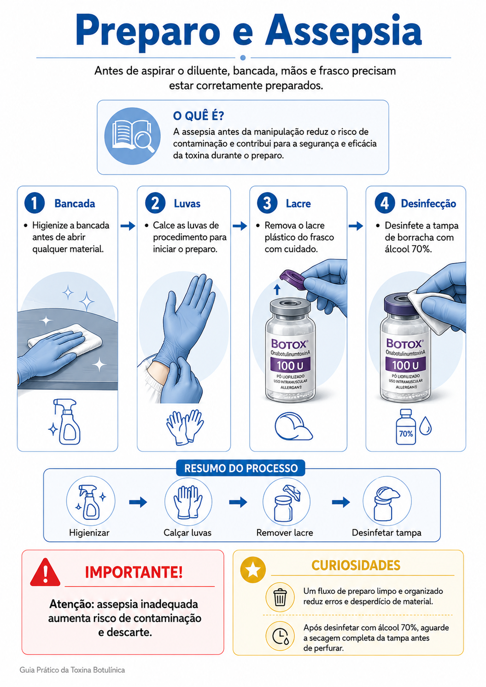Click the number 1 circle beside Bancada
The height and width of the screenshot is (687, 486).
35,203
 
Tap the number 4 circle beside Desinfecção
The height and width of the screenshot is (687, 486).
385,203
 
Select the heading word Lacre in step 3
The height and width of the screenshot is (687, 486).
298,203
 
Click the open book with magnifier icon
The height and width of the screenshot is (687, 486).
133,136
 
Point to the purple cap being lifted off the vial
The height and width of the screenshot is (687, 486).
293,279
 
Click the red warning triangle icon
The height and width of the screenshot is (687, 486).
46,572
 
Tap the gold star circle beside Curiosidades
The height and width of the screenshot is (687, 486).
253,570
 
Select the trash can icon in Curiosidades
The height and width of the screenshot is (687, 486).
280,597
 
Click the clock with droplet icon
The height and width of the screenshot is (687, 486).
280,636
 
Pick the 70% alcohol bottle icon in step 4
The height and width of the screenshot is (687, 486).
406,427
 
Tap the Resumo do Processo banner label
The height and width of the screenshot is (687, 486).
241,468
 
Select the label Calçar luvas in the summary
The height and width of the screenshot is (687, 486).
187,533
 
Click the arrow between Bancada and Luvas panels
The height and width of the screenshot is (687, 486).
128,226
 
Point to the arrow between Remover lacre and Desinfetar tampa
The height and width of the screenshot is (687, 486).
340,502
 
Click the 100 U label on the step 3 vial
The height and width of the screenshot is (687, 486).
290,365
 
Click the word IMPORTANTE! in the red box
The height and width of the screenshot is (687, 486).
134,572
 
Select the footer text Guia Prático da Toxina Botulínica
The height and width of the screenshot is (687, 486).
72,670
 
